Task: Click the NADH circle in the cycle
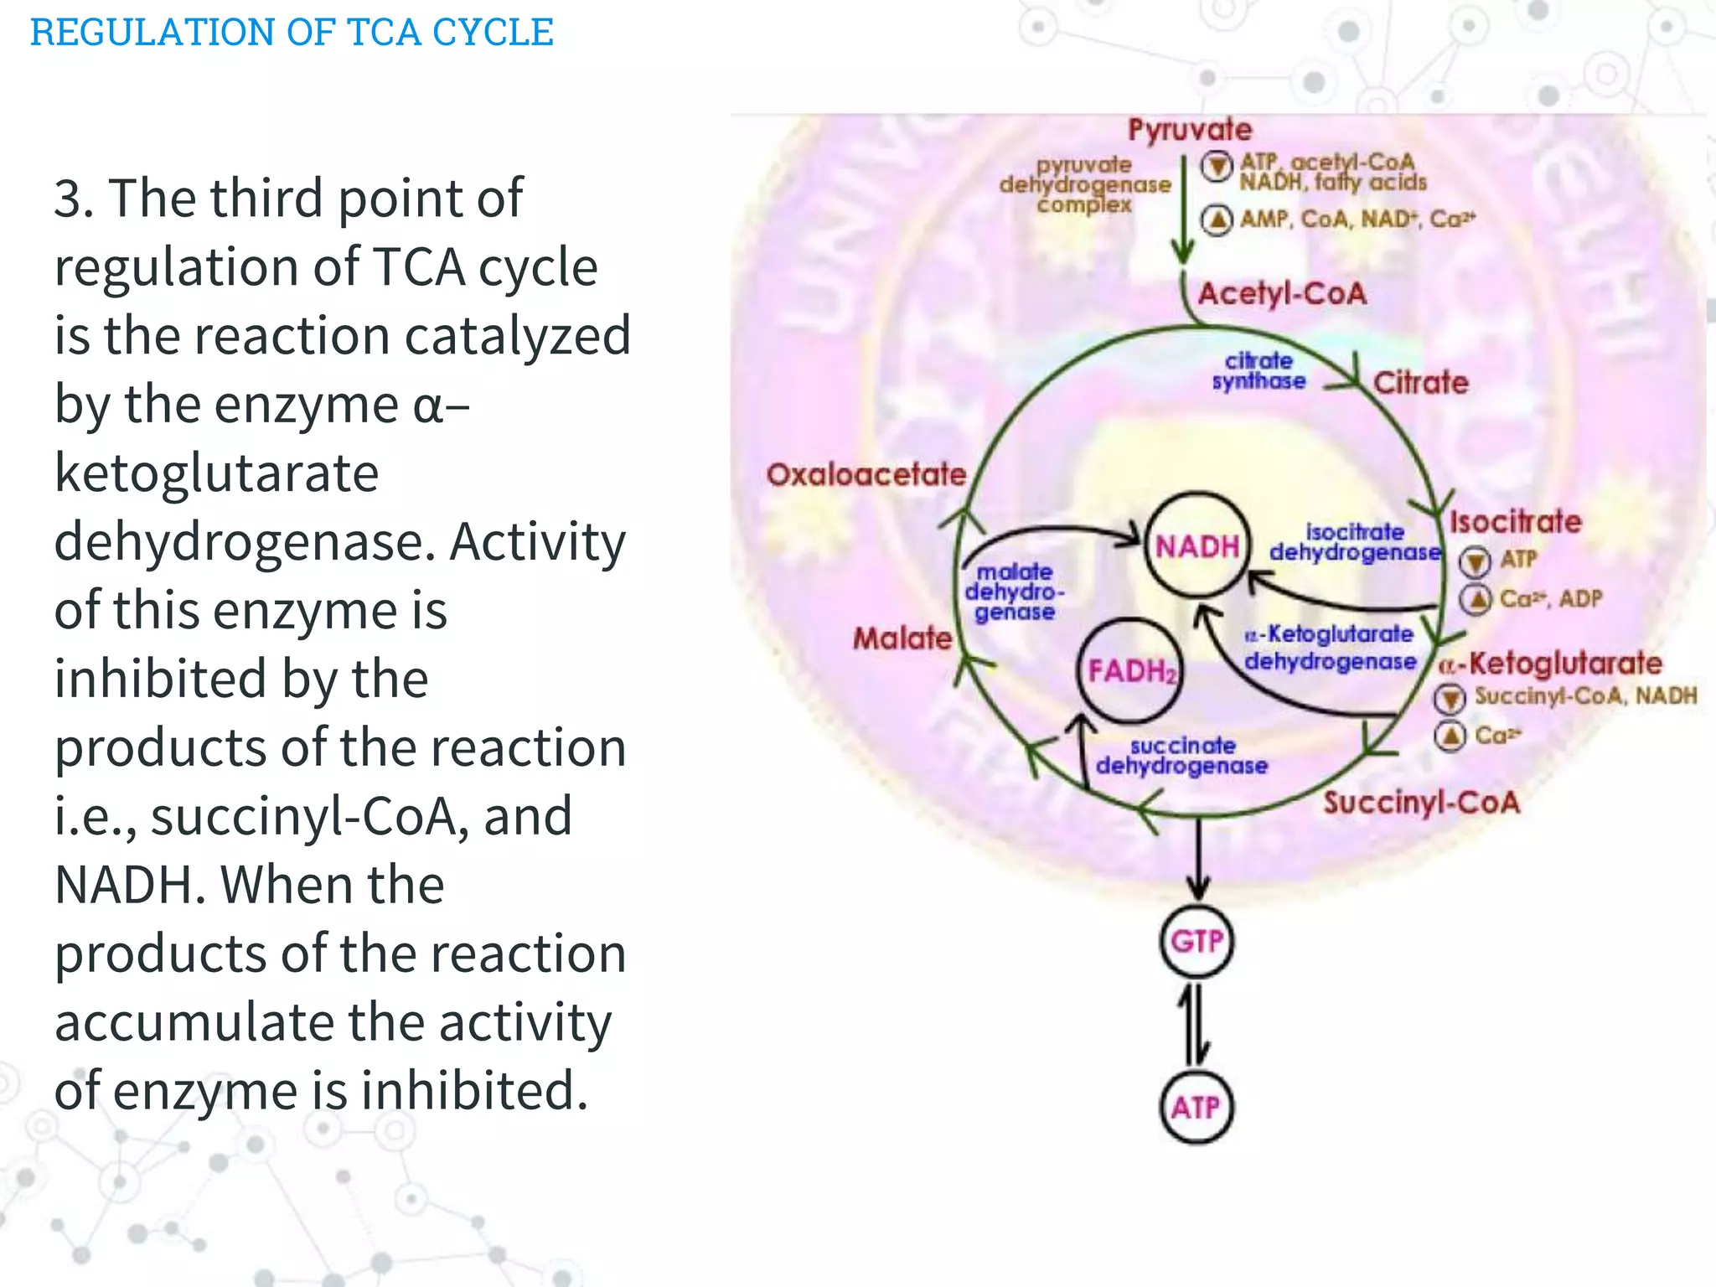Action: click(1197, 545)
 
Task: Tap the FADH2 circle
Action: click(1130, 670)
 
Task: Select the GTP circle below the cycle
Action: click(1197, 941)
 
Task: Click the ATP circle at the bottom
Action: click(1197, 1108)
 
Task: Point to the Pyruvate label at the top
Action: click(1189, 130)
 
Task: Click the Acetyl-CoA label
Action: click(1282, 294)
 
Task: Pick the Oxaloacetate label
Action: click(866, 475)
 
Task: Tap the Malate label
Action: click(902, 638)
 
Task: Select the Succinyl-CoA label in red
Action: click(1421, 803)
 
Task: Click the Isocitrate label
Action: click(1515, 522)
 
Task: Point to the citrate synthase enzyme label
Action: click(1259, 371)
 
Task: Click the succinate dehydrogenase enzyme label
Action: click(1181, 756)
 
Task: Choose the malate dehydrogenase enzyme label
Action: click(1014, 592)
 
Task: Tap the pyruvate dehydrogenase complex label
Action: click(1084, 184)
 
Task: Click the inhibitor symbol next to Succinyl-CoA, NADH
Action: click(1450, 697)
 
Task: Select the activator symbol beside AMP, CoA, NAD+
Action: click(1217, 220)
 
